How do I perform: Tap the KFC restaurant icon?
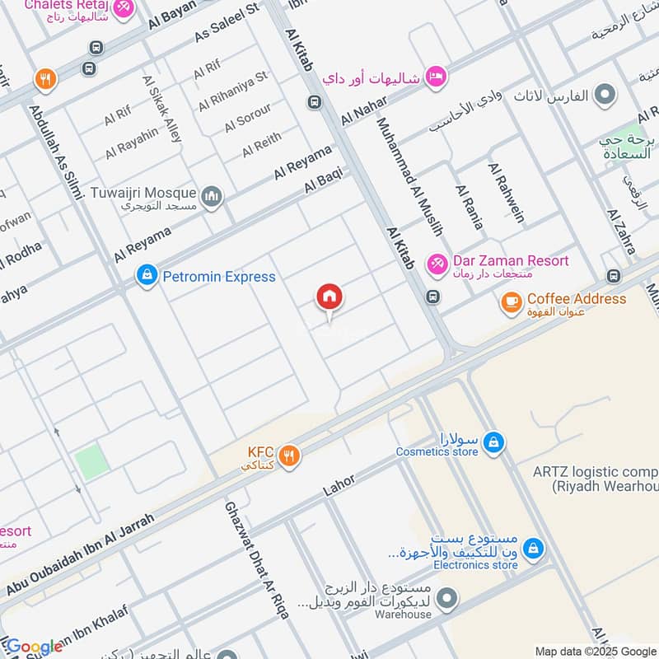pyautogui.click(x=288, y=455)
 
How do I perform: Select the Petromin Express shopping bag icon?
pyautogui.click(x=147, y=276)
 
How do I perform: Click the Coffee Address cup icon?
pyautogui.click(x=512, y=301)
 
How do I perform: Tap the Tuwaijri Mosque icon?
pyautogui.click(x=212, y=195)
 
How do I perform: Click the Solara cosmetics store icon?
pyautogui.click(x=493, y=442)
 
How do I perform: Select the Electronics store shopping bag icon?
pyautogui.click(x=534, y=547)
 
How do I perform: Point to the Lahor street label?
pyautogui.click(x=339, y=484)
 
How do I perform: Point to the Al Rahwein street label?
pyautogui.click(x=507, y=192)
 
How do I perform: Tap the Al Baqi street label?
pyautogui.click(x=323, y=181)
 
